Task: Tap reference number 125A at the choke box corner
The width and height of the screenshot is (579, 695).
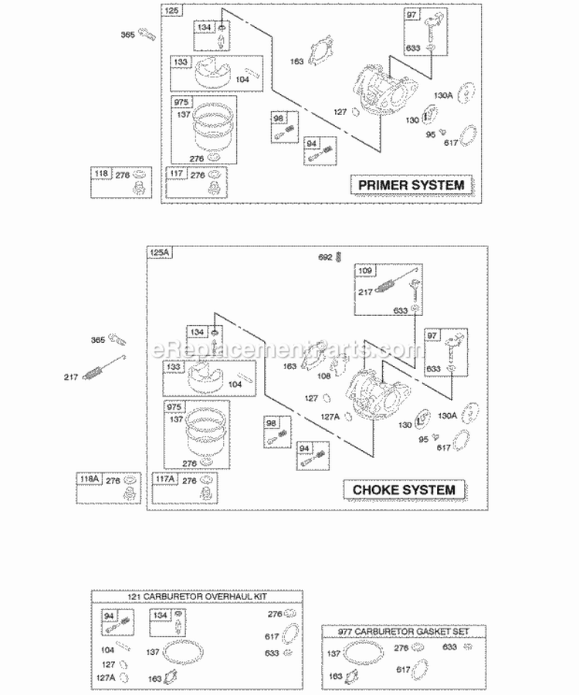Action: click(x=158, y=253)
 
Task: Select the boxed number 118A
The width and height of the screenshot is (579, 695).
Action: click(x=89, y=479)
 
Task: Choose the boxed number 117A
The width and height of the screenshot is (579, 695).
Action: click(x=166, y=479)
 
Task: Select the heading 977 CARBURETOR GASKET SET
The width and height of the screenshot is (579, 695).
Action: click(x=403, y=630)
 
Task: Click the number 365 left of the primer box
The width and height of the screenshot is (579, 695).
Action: click(x=127, y=34)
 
